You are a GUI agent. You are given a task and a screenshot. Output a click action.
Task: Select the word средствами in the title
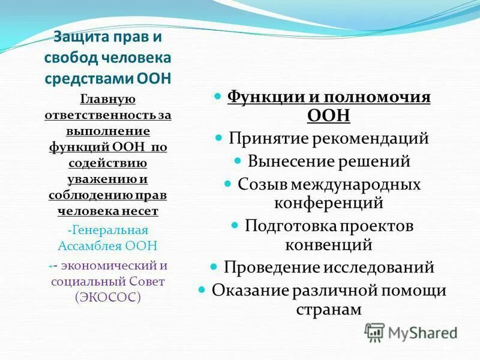point(82,79)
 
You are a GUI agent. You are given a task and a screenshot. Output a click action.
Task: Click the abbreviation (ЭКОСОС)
point(108,296)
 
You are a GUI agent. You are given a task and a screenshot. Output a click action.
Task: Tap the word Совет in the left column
point(145,281)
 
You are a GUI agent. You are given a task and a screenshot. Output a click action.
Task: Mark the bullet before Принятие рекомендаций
point(220,138)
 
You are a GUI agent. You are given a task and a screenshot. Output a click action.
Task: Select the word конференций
point(329,203)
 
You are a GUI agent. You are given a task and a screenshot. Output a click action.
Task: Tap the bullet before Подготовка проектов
point(236,225)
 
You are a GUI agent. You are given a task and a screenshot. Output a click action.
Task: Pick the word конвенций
point(329,245)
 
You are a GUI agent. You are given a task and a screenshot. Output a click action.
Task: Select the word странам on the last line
point(329,309)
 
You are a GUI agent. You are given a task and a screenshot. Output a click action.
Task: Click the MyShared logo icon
point(374,332)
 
